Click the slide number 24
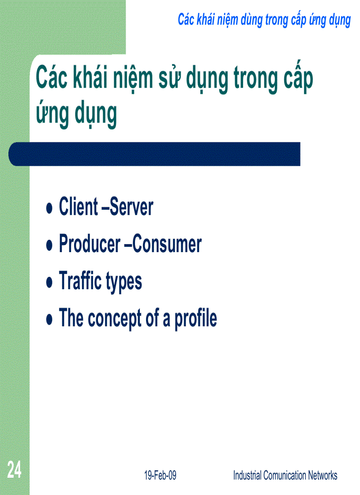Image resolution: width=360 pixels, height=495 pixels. point(14,471)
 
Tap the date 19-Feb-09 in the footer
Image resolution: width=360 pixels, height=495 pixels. point(160,475)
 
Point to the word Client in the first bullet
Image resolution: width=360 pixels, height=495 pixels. point(79,207)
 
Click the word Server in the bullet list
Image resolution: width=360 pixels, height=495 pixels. point(131,207)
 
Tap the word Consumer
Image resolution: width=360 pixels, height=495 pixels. point(167,244)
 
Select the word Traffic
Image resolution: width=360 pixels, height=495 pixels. point(78,281)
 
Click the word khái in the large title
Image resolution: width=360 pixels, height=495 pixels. point(98,79)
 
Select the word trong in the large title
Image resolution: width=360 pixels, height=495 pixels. point(253,80)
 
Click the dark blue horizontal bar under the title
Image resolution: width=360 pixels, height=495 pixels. point(154,154)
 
